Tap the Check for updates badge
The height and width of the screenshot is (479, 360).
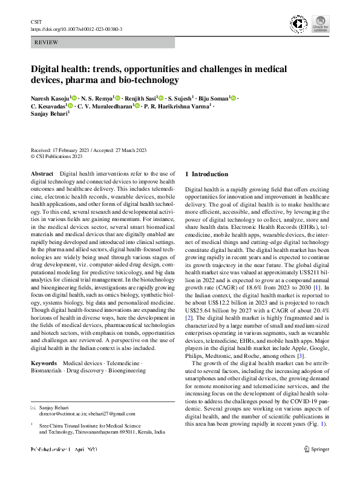pyautogui.click(x=320, y=25)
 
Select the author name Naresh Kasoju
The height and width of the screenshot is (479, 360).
pyautogui.click(x=51, y=98)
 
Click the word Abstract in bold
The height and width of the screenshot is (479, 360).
pyautogui.click(x=42, y=174)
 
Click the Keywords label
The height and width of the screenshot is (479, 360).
pyautogui.click(x=44, y=363)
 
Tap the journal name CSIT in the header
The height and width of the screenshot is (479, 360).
pyautogui.click(x=36, y=22)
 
